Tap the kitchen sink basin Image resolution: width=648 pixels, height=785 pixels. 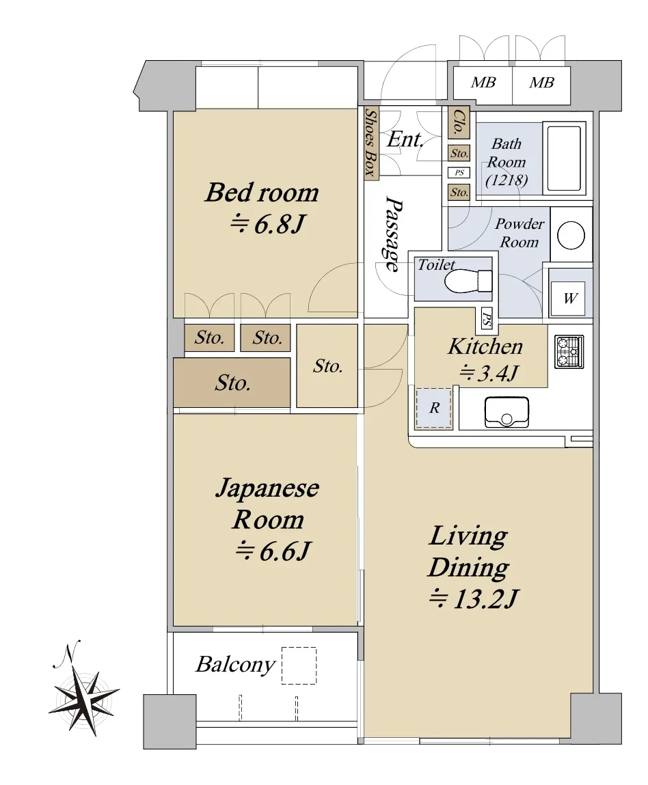(507, 412)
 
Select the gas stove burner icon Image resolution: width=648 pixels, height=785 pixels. (569, 351)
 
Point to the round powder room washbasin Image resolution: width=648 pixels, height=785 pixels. (571, 235)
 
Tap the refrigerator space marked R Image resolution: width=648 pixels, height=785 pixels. (434, 408)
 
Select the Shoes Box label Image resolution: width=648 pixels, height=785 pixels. (370, 143)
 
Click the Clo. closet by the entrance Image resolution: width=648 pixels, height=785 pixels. (459, 122)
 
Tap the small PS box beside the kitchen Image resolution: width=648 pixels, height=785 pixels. (487, 318)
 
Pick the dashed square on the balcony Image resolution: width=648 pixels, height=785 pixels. (299, 665)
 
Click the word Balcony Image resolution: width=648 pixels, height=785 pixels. (235, 664)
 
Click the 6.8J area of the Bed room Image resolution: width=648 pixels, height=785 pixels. (267, 224)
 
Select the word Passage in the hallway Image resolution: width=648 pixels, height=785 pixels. (392, 234)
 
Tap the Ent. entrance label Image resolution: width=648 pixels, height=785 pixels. (405, 139)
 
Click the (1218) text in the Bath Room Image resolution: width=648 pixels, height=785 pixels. (507, 180)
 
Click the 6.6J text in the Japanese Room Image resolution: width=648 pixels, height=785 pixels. (273, 551)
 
